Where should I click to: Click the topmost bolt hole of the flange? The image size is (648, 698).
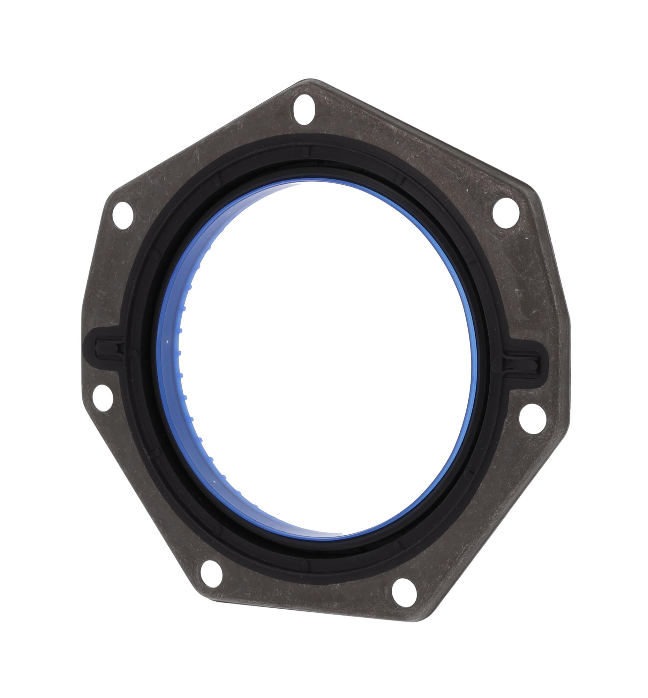(304, 109)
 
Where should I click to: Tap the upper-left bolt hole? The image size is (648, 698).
(123, 215)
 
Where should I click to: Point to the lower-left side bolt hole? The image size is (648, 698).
(103, 398)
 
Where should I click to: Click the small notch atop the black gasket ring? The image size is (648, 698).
(309, 152)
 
